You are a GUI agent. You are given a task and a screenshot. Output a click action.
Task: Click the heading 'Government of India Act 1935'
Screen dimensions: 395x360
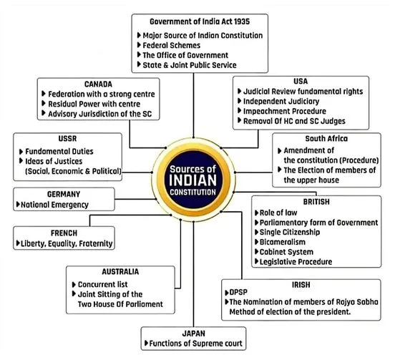click(x=200, y=21)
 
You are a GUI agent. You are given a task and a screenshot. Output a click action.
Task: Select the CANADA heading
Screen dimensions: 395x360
click(x=98, y=84)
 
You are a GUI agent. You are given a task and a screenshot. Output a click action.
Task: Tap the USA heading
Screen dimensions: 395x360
click(x=301, y=82)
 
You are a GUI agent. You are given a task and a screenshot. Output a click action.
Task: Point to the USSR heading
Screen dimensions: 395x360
click(x=67, y=139)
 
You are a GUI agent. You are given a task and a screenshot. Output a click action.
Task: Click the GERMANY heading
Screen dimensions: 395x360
click(x=64, y=194)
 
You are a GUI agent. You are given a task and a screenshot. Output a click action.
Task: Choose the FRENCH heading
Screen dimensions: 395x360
click(x=64, y=233)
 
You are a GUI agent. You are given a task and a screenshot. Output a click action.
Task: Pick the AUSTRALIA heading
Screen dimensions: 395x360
click(x=120, y=271)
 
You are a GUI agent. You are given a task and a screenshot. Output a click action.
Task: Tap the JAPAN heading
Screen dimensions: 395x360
click(x=193, y=334)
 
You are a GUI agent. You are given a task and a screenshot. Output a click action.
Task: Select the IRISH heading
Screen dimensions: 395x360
click(x=301, y=285)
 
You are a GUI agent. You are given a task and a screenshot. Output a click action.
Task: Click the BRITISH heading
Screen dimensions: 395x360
click(x=316, y=202)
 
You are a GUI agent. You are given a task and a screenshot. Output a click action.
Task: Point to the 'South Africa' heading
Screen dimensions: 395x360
click(x=326, y=139)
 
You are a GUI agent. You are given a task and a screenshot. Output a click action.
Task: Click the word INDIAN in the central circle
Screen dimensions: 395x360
click(x=193, y=180)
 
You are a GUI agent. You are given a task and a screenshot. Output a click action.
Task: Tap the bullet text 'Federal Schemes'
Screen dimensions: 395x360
click(x=171, y=45)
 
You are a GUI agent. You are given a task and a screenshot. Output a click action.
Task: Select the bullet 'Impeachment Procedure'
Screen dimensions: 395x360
click(x=285, y=111)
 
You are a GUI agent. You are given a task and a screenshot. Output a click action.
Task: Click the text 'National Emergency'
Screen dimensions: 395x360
click(x=54, y=205)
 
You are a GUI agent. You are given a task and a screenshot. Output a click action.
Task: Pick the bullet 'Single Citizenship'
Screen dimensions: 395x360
click(x=290, y=232)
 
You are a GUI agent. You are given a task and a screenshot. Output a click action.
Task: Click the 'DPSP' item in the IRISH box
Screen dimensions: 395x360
click(x=238, y=292)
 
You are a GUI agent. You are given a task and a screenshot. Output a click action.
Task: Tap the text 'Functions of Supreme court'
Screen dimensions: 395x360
click(x=196, y=344)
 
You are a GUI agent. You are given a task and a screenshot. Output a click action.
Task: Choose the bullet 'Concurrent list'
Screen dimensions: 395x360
click(x=103, y=284)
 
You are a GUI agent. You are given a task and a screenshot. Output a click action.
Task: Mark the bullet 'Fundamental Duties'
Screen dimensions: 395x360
click(x=59, y=152)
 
